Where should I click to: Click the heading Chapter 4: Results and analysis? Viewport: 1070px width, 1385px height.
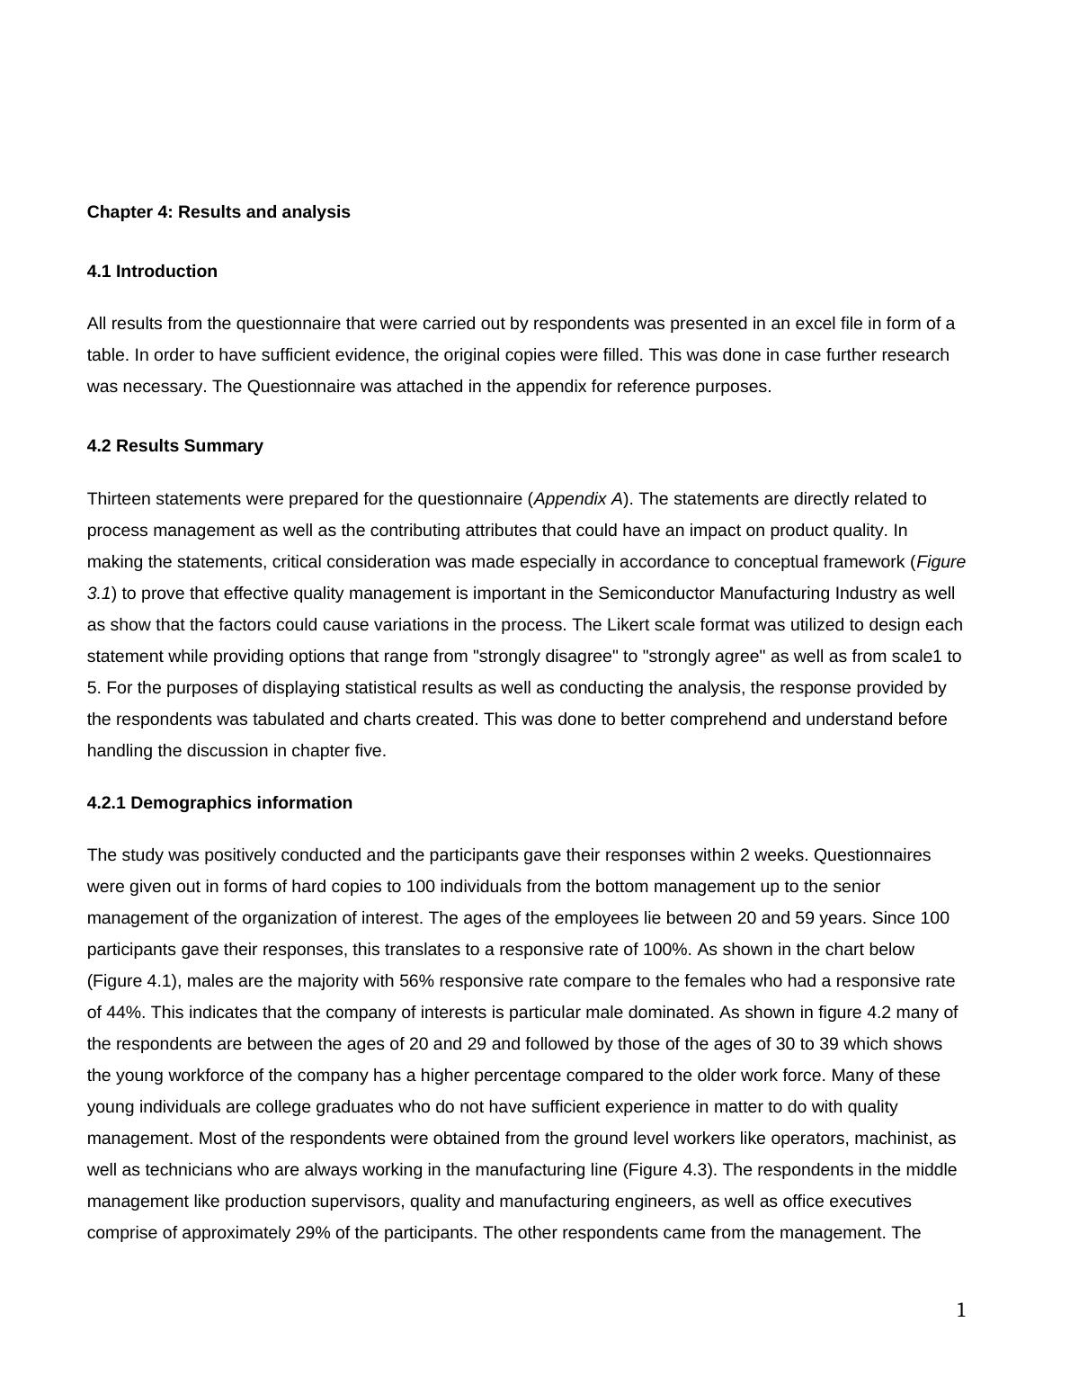(x=218, y=212)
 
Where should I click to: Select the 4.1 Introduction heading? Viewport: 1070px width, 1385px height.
(x=152, y=272)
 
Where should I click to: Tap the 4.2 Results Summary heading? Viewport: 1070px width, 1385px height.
(x=175, y=446)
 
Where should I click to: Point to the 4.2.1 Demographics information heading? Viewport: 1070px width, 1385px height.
(x=219, y=803)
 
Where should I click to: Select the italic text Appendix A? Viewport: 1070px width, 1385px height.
(x=577, y=499)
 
